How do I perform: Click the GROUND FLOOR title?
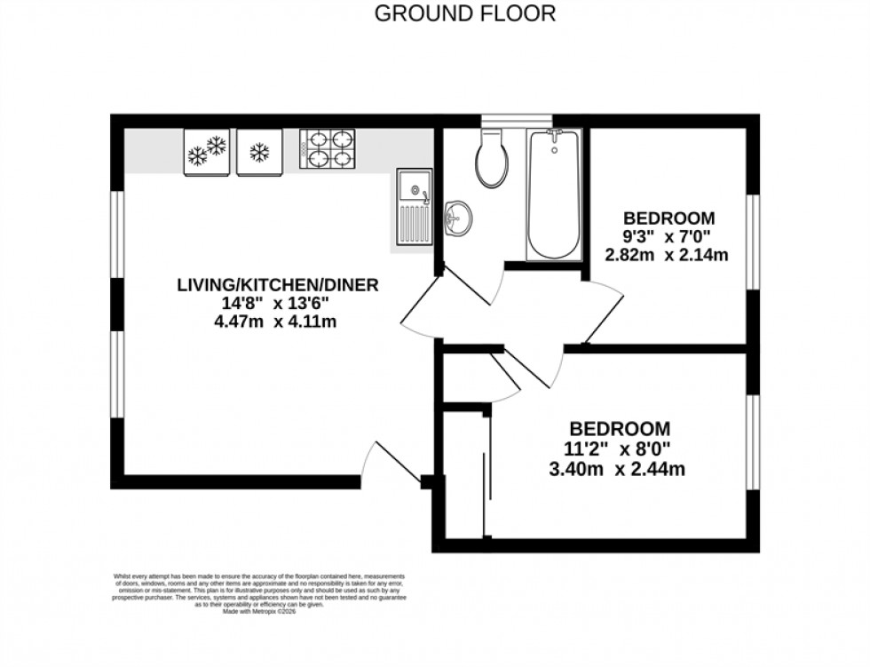(465, 13)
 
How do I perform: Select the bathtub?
(553, 195)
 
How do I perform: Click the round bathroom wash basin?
(458, 217)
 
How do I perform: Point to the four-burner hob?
(328, 148)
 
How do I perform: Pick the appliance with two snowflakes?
(207, 152)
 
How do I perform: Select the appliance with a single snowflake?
(259, 152)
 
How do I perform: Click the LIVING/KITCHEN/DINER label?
(278, 285)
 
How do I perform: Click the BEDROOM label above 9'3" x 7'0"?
(668, 218)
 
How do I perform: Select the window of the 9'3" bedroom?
(753, 242)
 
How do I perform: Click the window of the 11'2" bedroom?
(753, 442)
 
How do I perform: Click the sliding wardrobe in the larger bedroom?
(464, 475)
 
